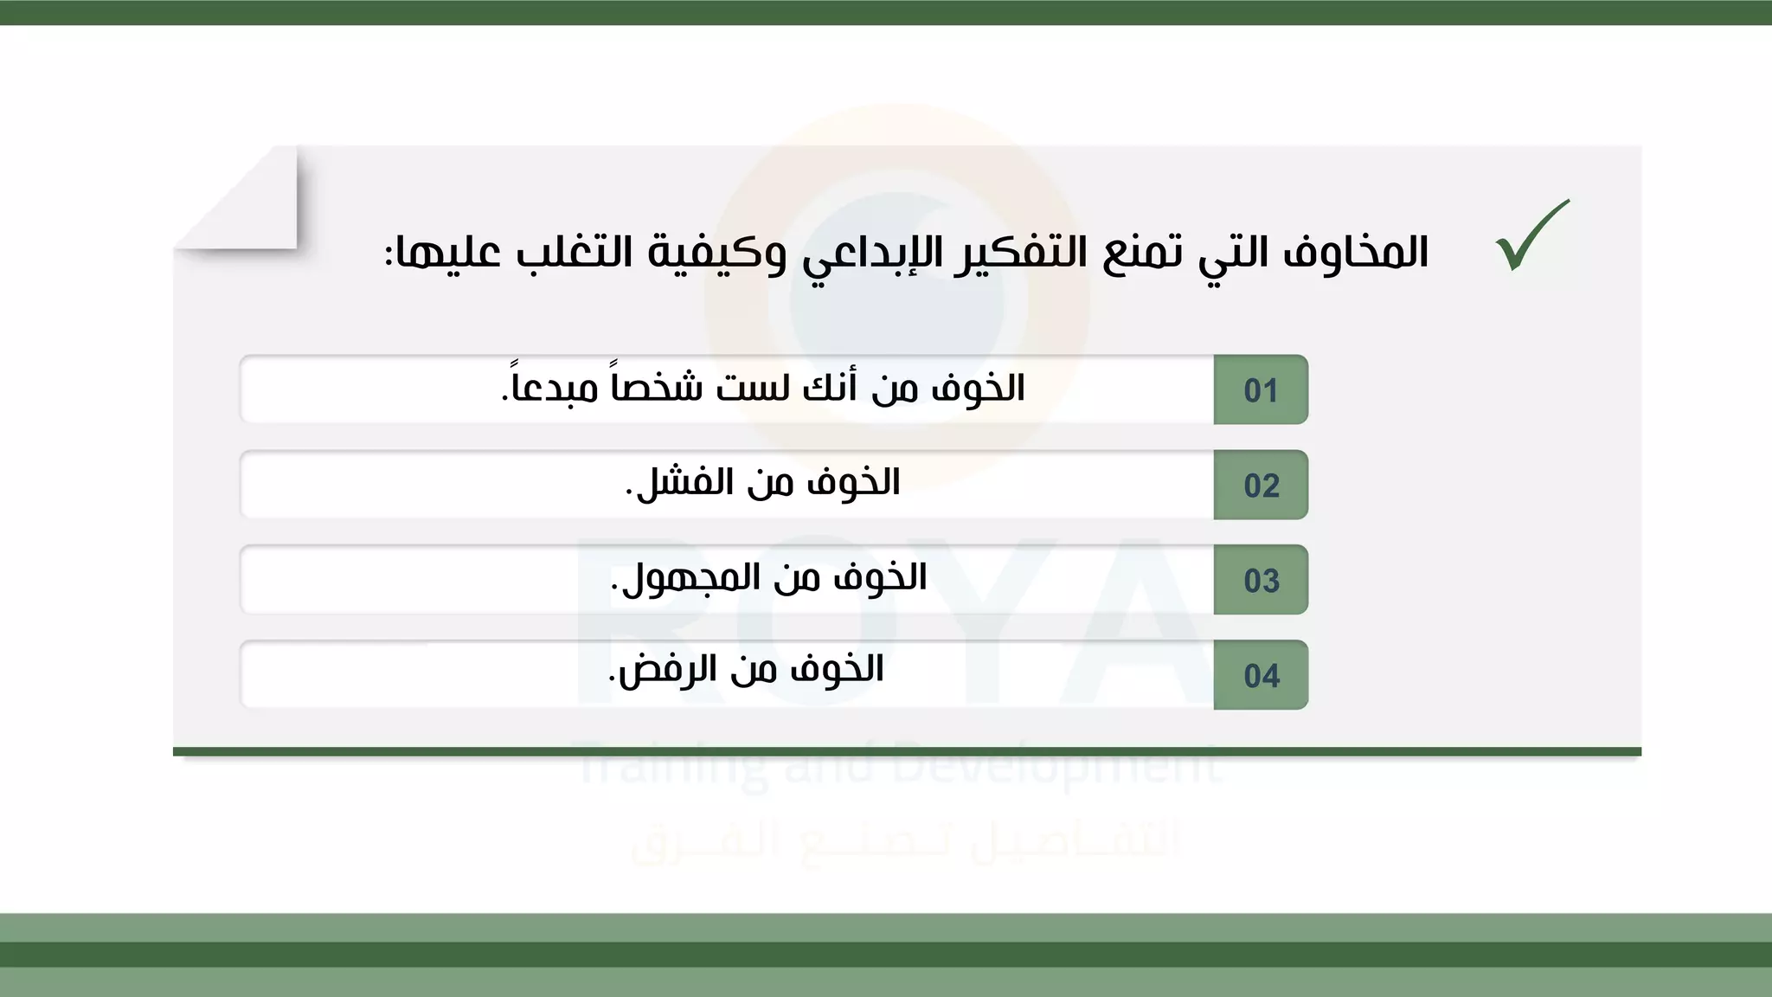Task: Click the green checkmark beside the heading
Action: [x=1531, y=235]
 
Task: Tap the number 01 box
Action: [x=1261, y=390]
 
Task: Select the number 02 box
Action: [x=1261, y=486]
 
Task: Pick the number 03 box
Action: [x=1261, y=581]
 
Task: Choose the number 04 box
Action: [x=1261, y=676]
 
